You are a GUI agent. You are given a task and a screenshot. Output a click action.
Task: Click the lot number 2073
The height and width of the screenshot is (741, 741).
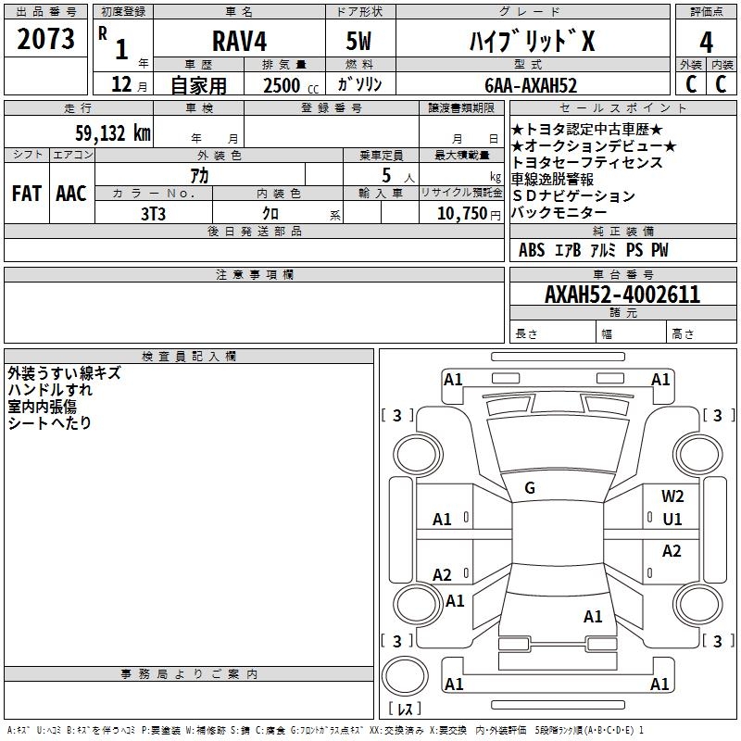46,39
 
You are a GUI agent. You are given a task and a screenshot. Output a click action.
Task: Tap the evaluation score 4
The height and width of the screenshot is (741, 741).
706,42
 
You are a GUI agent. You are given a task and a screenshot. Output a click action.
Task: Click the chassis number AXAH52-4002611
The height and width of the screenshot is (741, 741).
622,295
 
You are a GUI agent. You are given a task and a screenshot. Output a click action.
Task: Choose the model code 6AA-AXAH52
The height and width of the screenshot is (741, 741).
531,85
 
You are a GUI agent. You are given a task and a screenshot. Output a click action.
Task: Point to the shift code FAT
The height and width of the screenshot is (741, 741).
26,193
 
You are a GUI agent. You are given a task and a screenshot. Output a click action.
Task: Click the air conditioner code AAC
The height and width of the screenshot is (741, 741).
70,193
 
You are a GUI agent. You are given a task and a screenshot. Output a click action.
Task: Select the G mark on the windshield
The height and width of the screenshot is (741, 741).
530,487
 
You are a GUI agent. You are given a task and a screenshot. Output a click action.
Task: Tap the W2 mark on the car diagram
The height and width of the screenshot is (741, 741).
672,496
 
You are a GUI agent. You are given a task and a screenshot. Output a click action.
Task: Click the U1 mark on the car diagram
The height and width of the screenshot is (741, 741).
672,519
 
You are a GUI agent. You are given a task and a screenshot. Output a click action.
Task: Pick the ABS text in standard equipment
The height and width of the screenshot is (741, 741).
532,250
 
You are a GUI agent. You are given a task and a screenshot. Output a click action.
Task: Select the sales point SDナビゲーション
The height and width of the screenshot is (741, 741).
573,196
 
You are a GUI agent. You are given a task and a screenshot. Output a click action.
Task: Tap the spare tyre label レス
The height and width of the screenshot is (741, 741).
404,709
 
